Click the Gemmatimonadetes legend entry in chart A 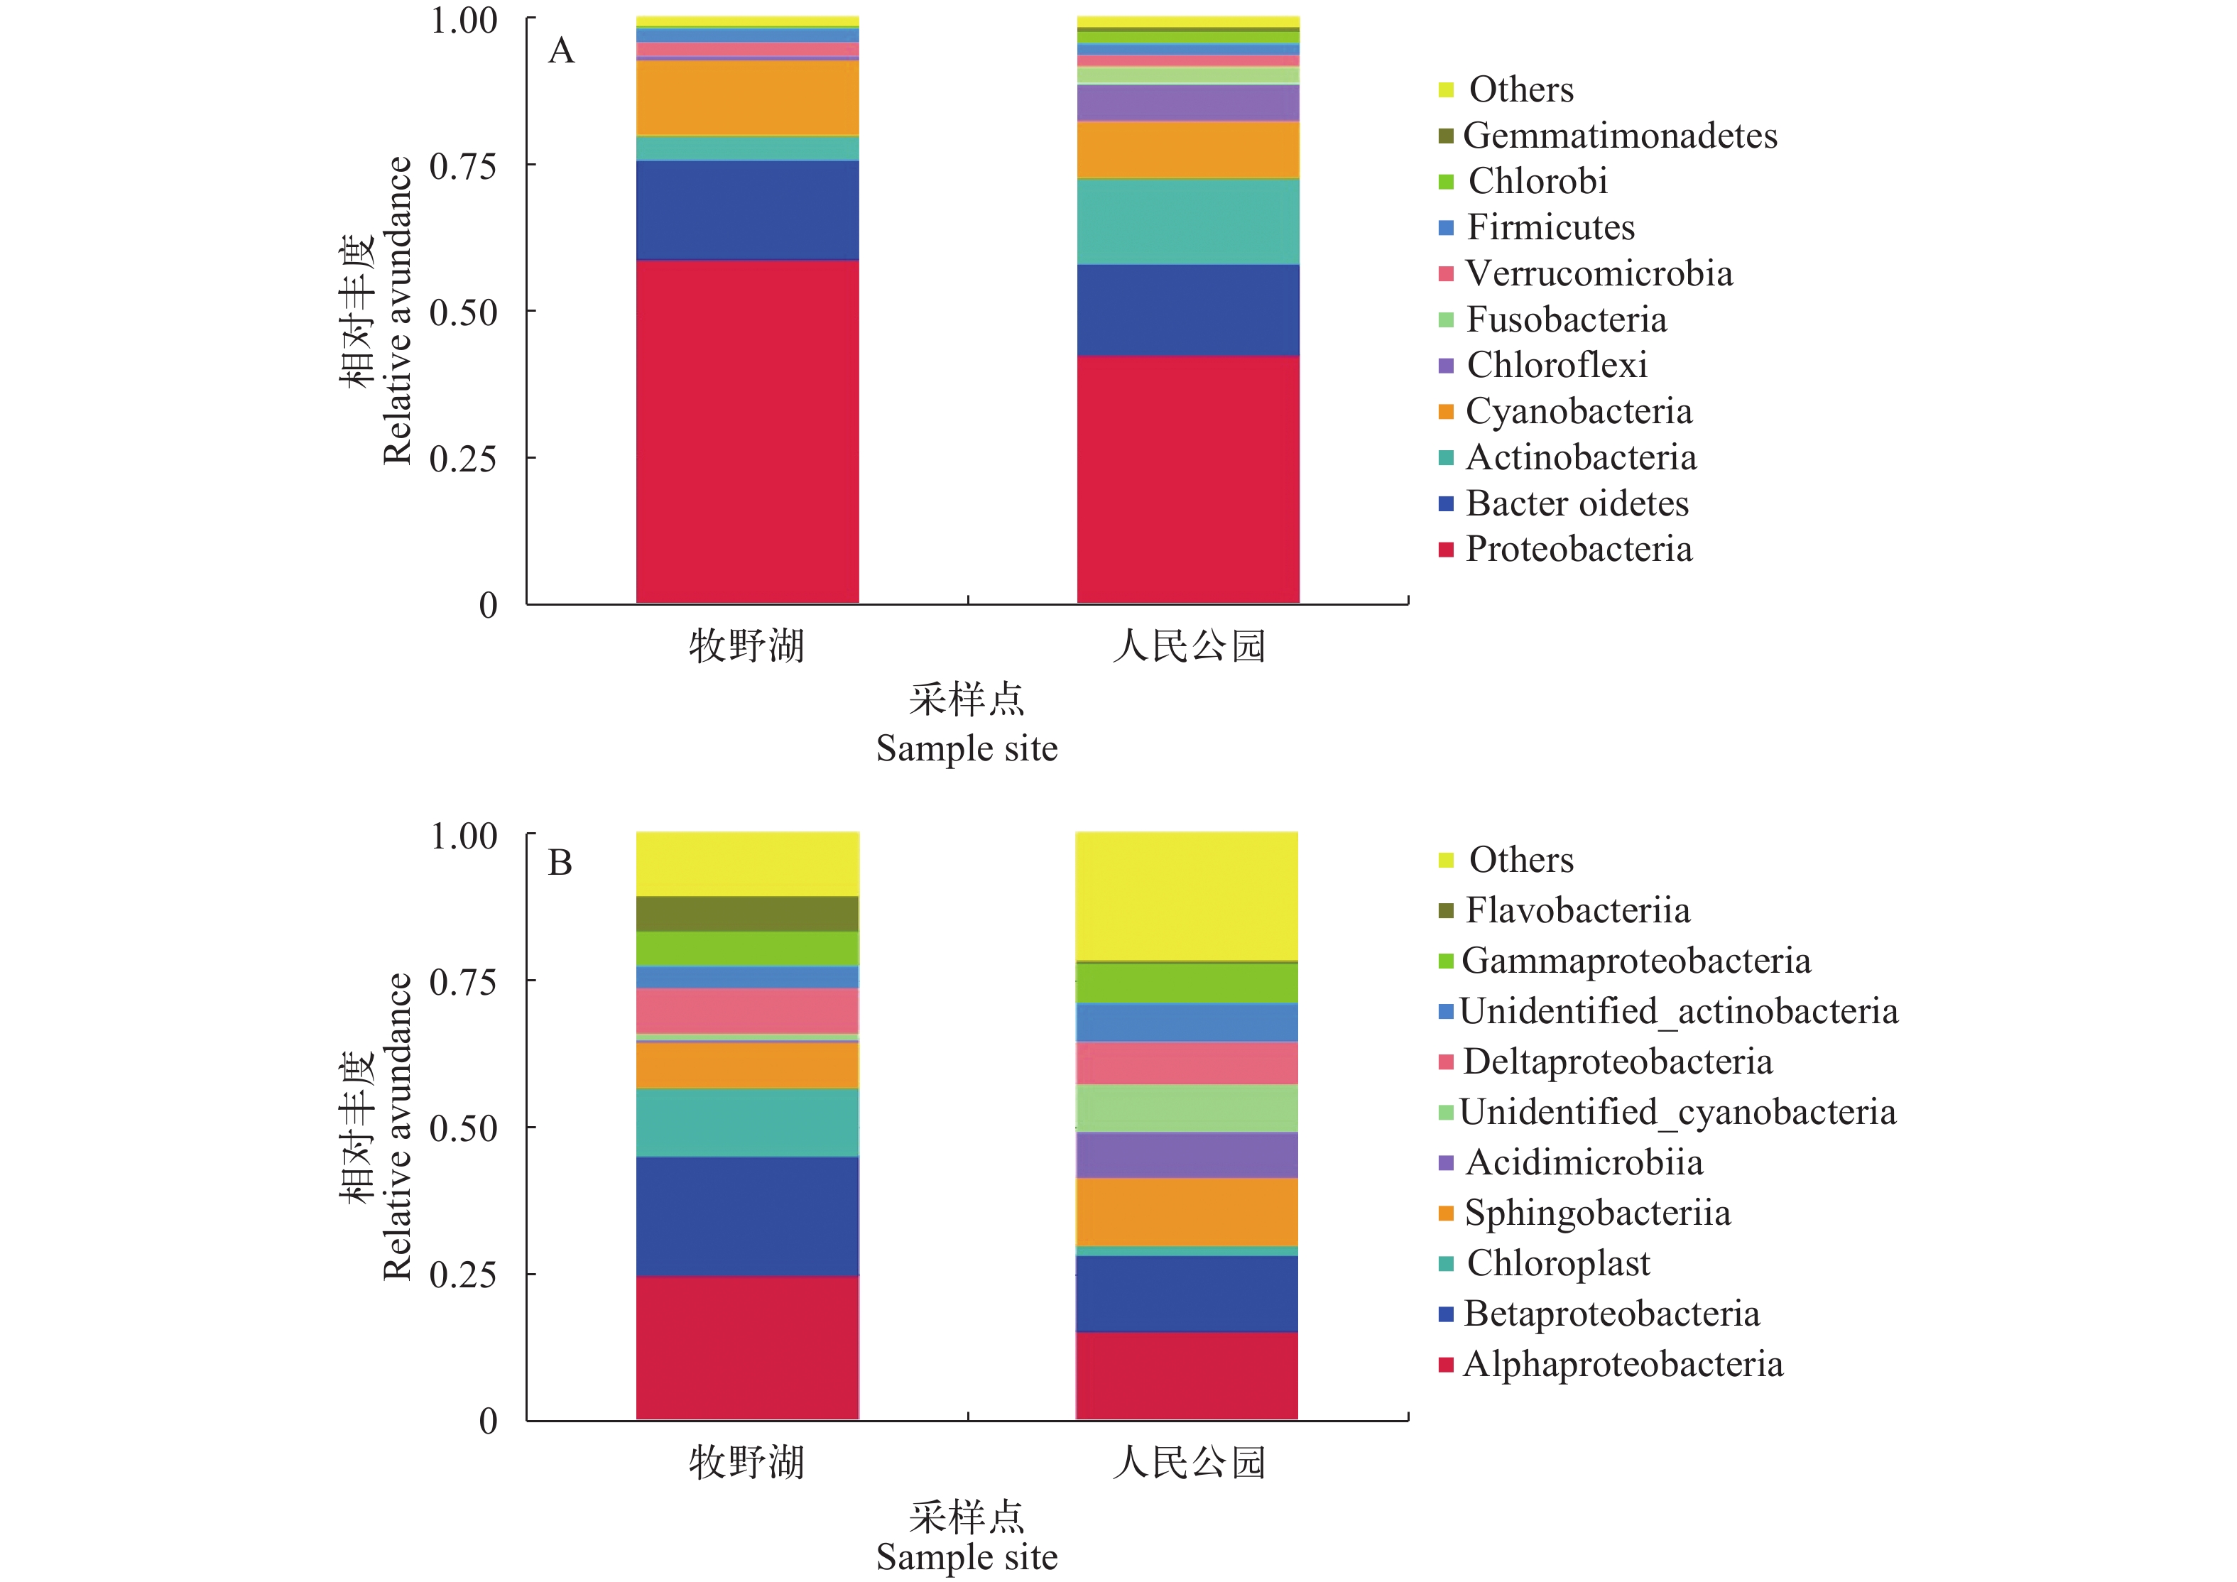[1619, 136]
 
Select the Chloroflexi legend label [1557, 365]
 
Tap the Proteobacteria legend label [1579, 550]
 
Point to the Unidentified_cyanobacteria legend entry [1677, 1113]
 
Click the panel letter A [561, 50]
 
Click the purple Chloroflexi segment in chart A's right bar [1187, 103]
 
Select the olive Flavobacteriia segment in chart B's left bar [747, 914]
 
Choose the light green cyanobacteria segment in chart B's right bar [1187, 1108]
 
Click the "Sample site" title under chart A [967, 749]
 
